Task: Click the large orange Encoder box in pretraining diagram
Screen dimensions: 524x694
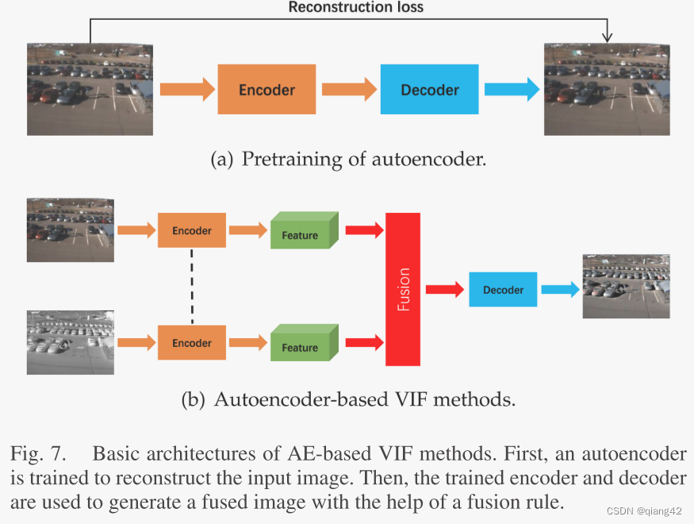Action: (x=266, y=90)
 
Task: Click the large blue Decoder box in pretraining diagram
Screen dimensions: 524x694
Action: (x=429, y=90)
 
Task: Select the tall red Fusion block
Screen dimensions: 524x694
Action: (x=403, y=289)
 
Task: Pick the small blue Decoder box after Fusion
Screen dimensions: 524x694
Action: (x=503, y=290)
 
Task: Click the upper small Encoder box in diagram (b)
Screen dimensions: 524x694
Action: (x=192, y=230)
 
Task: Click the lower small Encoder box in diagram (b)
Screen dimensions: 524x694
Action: (x=192, y=343)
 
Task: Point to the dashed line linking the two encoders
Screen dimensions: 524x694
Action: (x=192, y=287)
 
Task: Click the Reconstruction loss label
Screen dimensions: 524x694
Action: (x=355, y=8)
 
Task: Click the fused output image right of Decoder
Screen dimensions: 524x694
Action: (x=626, y=287)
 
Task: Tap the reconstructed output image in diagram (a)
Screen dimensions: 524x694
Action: (x=607, y=89)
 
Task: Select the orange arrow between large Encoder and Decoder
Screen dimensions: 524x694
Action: (x=348, y=90)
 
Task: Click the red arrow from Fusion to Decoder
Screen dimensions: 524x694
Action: (x=444, y=290)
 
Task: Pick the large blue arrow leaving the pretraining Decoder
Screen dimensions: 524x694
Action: (x=512, y=90)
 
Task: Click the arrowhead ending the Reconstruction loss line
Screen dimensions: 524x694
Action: (x=607, y=37)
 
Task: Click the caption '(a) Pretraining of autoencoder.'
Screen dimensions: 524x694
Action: (x=347, y=159)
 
